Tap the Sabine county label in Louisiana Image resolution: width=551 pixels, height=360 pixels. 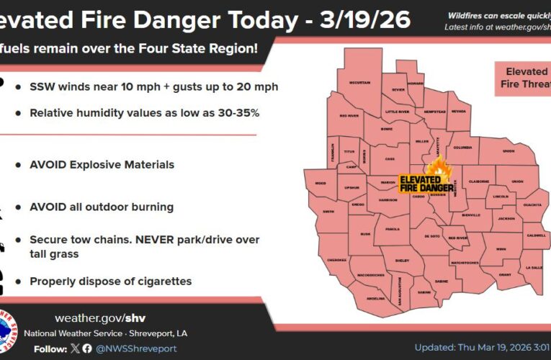click(442, 282)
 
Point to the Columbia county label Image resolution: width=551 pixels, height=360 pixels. click(462, 148)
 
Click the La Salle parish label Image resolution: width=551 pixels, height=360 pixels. click(534, 267)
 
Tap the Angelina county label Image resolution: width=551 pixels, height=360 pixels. click(375, 297)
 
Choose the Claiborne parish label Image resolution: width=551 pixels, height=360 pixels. click(479, 181)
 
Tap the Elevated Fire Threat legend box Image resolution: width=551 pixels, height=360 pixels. click(520, 78)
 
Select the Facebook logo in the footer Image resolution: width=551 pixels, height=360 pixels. click(86, 348)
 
